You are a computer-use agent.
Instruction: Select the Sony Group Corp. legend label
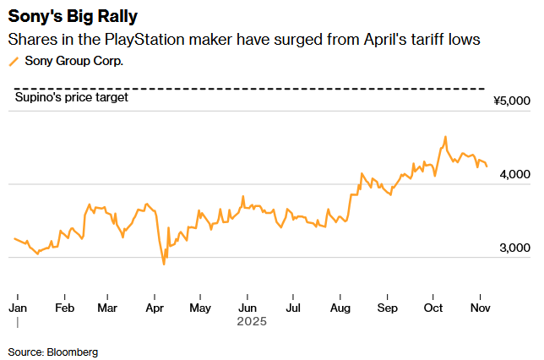[x=74, y=61]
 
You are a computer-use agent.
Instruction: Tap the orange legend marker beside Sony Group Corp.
[x=13, y=61]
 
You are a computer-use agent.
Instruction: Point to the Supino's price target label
[x=73, y=98]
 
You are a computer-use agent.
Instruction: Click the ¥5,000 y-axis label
[x=512, y=101]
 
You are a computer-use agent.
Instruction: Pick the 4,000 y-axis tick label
[x=514, y=174]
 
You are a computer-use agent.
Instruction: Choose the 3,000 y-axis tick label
[x=514, y=248]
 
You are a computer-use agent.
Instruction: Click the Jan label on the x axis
[x=18, y=308]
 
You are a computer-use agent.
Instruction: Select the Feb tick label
[x=64, y=308]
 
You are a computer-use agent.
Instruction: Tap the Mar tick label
[x=107, y=308]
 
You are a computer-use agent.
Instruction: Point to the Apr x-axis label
[x=154, y=308]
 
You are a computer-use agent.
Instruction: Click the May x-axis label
[x=200, y=308]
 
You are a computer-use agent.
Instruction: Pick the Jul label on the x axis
[x=291, y=308]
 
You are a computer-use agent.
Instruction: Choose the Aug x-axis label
[x=340, y=308]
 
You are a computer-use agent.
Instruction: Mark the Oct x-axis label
[x=432, y=308]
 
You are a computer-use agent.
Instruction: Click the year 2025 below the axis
[x=251, y=321]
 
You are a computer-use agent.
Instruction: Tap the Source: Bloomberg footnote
[x=53, y=351]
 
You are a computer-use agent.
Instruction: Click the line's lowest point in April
[x=163, y=265]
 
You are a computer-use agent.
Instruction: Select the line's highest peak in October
[x=445, y=137]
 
